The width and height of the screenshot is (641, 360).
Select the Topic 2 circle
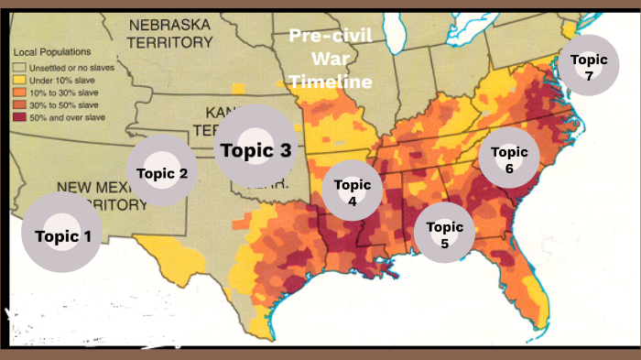coord(162,172)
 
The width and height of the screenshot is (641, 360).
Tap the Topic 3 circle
coord(254,150)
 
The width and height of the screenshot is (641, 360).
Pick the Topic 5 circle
coord(444,234)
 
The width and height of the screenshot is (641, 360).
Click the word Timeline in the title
coord(331,82)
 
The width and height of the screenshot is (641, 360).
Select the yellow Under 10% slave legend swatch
coord(18,81)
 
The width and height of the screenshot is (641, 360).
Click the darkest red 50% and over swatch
coord(18,116)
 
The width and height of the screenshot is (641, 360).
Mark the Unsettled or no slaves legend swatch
coord(18,68)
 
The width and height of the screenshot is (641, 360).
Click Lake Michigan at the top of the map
coord(394,37)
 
